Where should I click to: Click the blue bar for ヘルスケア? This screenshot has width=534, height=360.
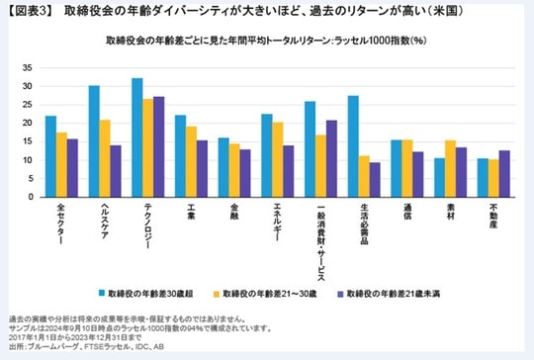pos(94,141)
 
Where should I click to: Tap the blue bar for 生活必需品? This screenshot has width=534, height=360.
pos(353,146)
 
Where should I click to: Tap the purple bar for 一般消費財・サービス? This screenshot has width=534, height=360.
pos(331,158)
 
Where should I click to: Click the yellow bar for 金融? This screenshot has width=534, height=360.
pos(234,170)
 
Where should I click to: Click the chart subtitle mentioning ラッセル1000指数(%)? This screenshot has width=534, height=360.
pos(262,43)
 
